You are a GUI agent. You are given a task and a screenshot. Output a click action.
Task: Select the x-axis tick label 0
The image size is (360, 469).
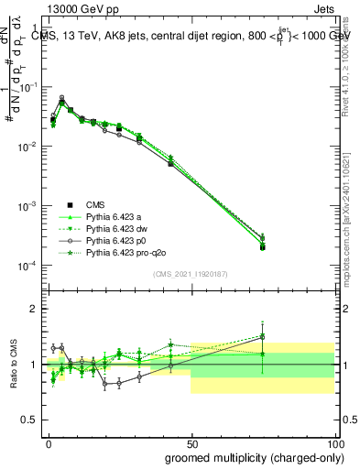(49, 442)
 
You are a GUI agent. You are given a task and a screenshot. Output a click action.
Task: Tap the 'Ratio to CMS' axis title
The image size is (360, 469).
(13, 364)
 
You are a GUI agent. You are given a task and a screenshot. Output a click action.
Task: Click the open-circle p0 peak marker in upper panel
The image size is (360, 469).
(61, 98)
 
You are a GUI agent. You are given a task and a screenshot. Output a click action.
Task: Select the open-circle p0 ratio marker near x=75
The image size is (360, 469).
(262, 336)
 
